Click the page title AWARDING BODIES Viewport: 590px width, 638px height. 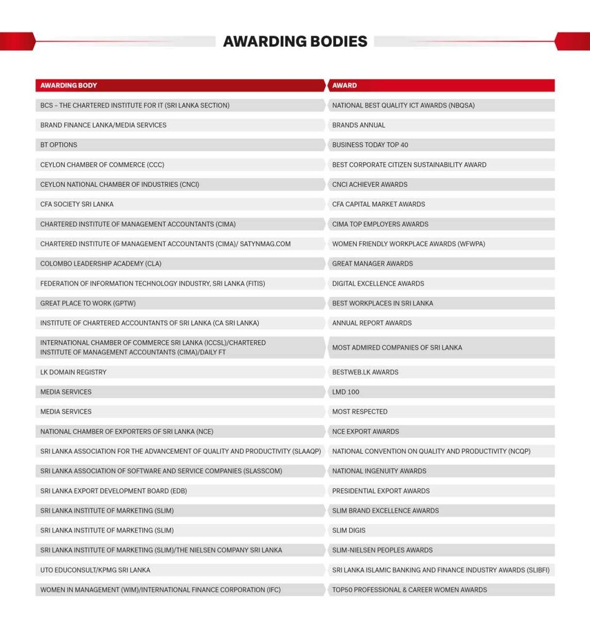click(x=295, y=42)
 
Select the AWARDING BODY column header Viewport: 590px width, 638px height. click(x=69, y=85)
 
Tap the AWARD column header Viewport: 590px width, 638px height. click(x=345, y=85)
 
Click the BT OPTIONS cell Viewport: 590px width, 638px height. click(x=59, y=145)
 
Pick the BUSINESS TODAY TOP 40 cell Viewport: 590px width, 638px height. click(x=370, y=145)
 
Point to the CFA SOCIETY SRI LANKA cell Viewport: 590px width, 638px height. click(x=77, y=204)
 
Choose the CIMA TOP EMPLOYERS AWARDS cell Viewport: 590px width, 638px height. click(x=380, y=224)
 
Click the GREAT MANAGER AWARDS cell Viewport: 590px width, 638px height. click(x=372, y=264)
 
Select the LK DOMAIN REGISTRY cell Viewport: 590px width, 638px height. click(x=74, y=373)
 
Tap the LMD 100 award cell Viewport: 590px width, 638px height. click(x=346, y=393)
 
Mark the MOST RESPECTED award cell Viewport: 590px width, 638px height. click(x=360, y=412)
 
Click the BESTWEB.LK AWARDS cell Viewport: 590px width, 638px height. click(x=365, y=373)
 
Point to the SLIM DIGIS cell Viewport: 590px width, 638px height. click(x=349, y=531)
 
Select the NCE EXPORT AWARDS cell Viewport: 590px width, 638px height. click(x=365, y=432)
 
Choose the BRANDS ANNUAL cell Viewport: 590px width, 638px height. click(x=359, y=125)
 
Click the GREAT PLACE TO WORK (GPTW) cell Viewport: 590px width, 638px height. click(x=88, y=303)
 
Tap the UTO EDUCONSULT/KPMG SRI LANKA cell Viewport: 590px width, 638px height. click(x=95, y=570)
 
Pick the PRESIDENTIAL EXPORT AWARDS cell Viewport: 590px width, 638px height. click(x=381, y=491)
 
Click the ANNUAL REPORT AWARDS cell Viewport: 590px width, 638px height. click(x=372, y=323)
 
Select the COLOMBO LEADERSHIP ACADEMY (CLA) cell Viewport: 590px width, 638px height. click(x=101, y=264)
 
